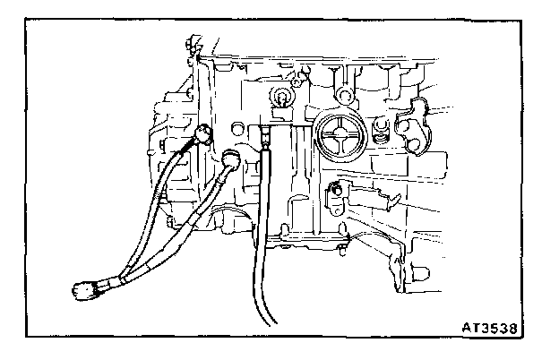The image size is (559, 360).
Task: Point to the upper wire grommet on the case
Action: click(202, 135)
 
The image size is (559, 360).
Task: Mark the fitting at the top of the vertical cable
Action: click(265, 140)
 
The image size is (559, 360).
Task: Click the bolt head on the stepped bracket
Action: click(337, 189)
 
